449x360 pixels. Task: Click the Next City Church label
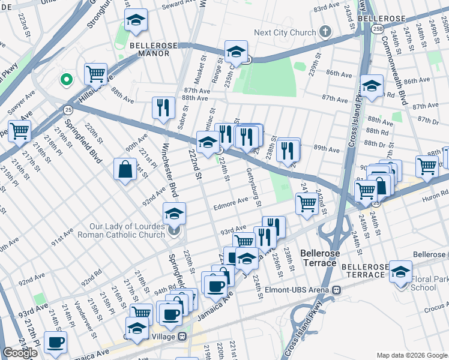tap(285, 32)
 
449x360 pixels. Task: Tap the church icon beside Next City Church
tap(325, 32)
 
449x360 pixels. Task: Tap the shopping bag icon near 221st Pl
tap(125, 170)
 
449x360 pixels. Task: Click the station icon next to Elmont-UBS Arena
tap(337, 289)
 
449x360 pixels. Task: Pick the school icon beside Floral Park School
tap(400, 271)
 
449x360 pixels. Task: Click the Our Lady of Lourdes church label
tap(127, 230)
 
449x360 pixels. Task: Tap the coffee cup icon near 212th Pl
tap(56, 342)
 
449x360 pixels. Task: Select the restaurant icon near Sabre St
tap(163, 108)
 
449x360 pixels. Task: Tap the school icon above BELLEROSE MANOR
tap(136, 21)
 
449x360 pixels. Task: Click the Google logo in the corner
tap(20, 353)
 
